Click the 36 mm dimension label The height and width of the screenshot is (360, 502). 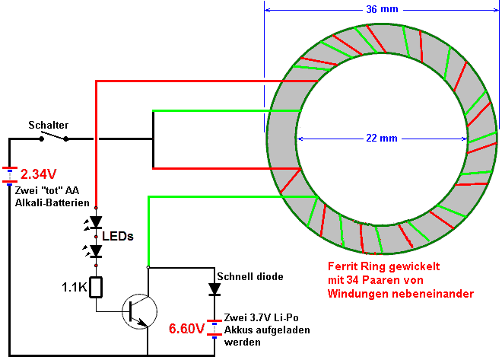(x=382, y=9)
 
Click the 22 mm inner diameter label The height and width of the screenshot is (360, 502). (x=382, y=139)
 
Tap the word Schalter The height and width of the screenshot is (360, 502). (x=49, y=125)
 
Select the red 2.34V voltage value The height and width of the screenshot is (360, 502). (x=39, y=174)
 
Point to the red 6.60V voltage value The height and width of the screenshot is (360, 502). (x=186, y=329)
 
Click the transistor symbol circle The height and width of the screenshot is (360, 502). (x=140, y=311)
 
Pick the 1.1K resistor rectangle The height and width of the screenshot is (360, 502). (x=96, y=287)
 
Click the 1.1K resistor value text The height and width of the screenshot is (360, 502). (x=75, y=287)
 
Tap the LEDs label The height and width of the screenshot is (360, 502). (x=117, y=237)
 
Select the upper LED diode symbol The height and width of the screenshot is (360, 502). (x=96, y=222)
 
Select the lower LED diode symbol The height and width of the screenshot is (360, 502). (x=96, y=251)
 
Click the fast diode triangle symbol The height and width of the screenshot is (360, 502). (x=214, y=289)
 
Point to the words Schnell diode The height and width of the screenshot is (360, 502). (x=250, y=276)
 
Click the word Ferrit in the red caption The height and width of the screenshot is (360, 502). (x=342, y=266)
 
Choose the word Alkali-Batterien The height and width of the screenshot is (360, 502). (x=52, y=202)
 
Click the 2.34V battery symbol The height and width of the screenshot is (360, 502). (x=10, y=175)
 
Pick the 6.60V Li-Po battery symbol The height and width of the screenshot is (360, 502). (x=214, y=328)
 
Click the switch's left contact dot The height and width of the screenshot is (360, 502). (x=41, y=139)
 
